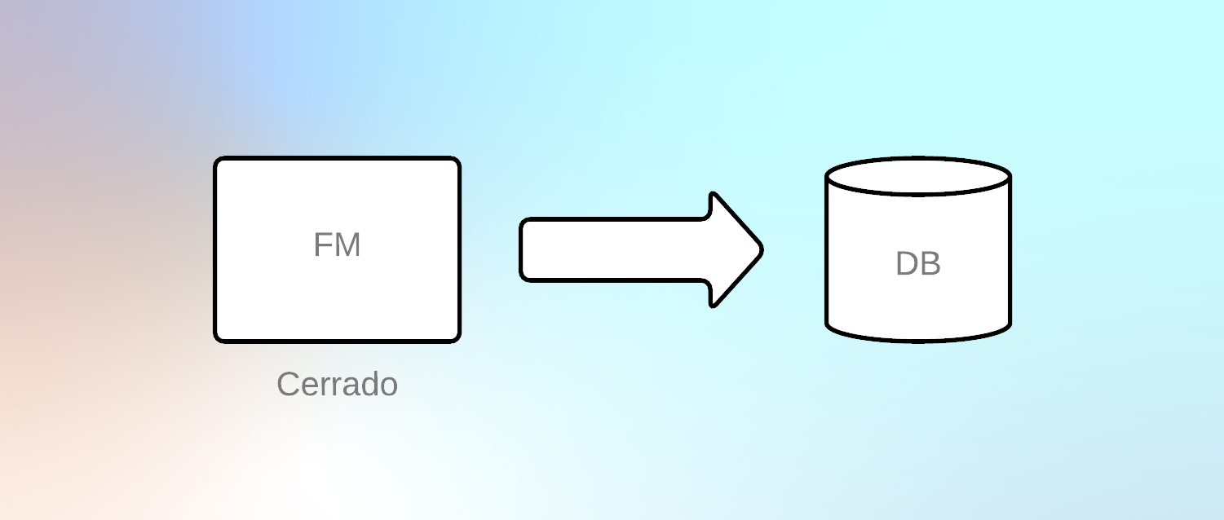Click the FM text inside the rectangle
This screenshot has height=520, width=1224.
[x=337, y=245]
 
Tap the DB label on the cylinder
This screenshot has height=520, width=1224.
[x=918, y=264]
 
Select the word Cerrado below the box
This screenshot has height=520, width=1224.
[x=337, y=384]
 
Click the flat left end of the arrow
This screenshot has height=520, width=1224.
[x=522, y=249]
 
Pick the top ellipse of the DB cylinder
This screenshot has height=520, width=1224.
[x=918, y=176]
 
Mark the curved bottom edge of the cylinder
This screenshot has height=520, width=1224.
[x=918, y=339]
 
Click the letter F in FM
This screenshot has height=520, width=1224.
[x=322, y=245]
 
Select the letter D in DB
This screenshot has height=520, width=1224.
[x=907, y=264]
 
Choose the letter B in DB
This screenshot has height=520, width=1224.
[x=930, y=264]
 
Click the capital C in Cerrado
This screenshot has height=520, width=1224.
[x=288, y=384]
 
